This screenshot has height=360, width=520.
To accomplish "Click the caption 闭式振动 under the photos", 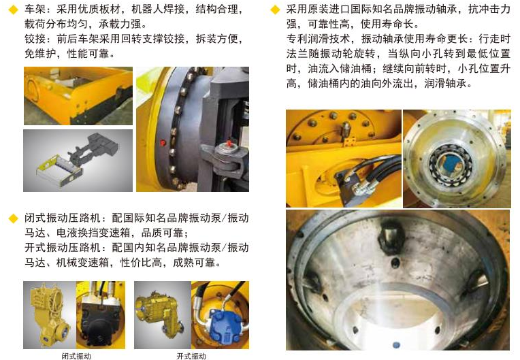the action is point(76,356).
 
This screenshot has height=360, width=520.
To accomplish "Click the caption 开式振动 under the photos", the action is point(191,356).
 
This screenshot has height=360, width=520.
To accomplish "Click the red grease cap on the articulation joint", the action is point(228,144).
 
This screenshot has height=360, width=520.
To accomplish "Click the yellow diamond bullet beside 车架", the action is point(13,10).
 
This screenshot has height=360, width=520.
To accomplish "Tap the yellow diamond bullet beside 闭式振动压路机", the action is point(13,218).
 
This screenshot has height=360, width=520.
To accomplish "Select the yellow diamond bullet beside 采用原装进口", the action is point(275,10).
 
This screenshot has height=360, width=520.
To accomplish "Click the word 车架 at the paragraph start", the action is point(35,10).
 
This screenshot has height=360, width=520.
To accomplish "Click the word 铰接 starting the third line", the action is point(35,39).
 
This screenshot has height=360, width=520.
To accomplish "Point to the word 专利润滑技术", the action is point(318,39).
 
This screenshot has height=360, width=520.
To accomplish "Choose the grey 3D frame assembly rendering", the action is point(78,161).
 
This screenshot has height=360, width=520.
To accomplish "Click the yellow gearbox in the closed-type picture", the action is point(50,314).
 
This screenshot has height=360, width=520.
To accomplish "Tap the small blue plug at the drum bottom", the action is point(396,345).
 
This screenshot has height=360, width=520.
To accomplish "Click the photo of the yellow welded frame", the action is point(78,96).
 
